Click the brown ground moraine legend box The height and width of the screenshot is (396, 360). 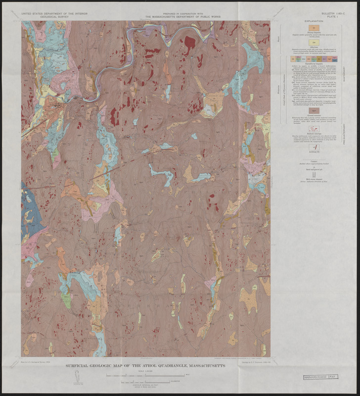[314, 110]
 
